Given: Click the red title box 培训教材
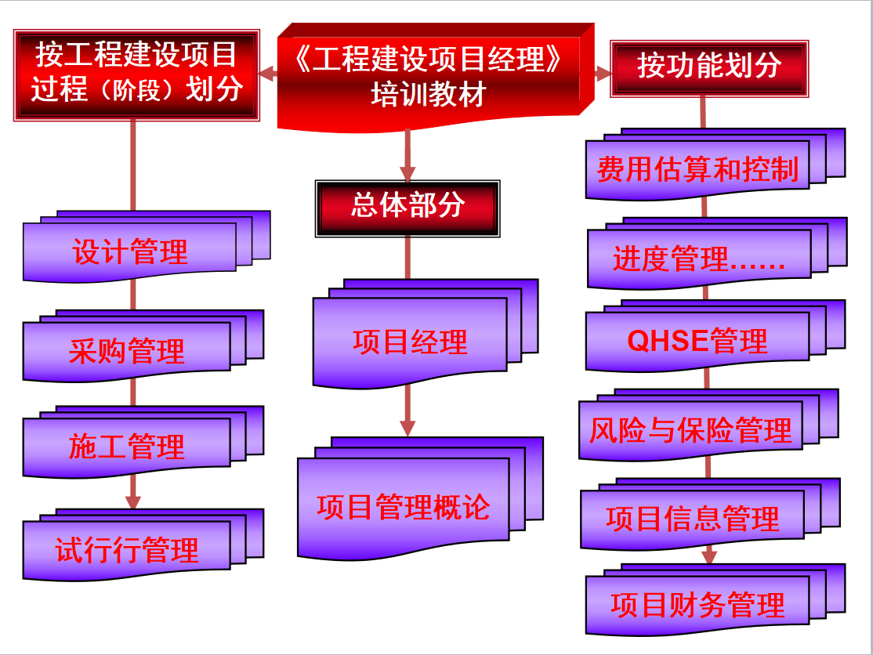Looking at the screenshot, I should tap(429, 78).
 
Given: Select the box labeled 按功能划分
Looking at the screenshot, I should tap(709, 67).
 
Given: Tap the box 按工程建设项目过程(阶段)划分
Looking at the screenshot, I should tap(136, 74).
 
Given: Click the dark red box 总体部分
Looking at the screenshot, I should tap(408, 207).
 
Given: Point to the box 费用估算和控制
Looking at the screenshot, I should tap(697, 169).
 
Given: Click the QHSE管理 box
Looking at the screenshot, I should tap(697, 342).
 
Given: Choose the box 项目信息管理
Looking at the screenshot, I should tap(693, 519).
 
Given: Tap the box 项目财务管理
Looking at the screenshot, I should tap(697, 606).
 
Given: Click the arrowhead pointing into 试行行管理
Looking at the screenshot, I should tap(133, 501).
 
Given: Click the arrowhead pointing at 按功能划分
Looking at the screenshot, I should tap(603, 74).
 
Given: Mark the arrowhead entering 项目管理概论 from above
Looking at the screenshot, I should tap(407, 428).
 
